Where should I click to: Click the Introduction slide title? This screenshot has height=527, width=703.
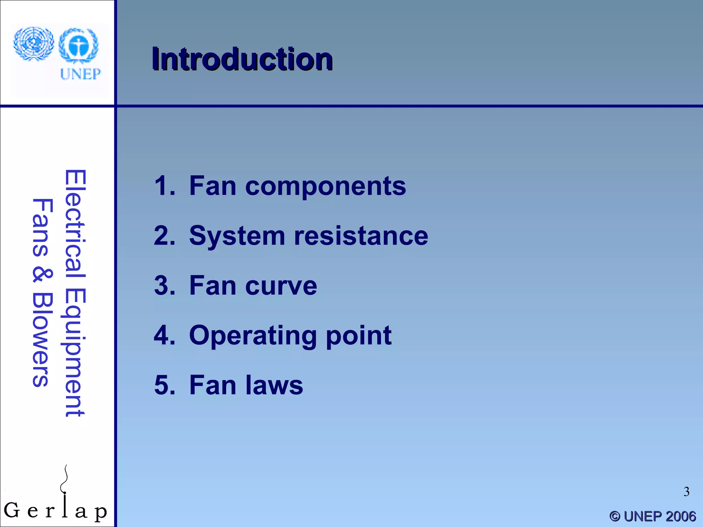point(242,59)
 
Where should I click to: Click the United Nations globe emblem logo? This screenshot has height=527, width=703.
point(34,44)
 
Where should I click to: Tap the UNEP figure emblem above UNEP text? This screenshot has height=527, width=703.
point(79,46)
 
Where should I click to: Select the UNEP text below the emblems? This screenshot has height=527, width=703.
point(80,74)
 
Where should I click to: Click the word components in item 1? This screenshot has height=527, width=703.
point(325,186)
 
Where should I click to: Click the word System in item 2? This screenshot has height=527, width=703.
point(237,236)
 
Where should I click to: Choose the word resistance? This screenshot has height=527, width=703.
point(361,236)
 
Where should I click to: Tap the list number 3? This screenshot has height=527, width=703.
point(164,285)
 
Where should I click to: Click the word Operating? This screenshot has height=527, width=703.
point(253,336)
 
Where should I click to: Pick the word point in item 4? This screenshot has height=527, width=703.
point(358,336)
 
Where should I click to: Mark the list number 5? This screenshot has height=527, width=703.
point(164,385)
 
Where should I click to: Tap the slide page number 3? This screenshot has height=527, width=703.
point(686,492)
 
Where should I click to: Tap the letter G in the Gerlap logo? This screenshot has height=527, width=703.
point(12,510)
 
